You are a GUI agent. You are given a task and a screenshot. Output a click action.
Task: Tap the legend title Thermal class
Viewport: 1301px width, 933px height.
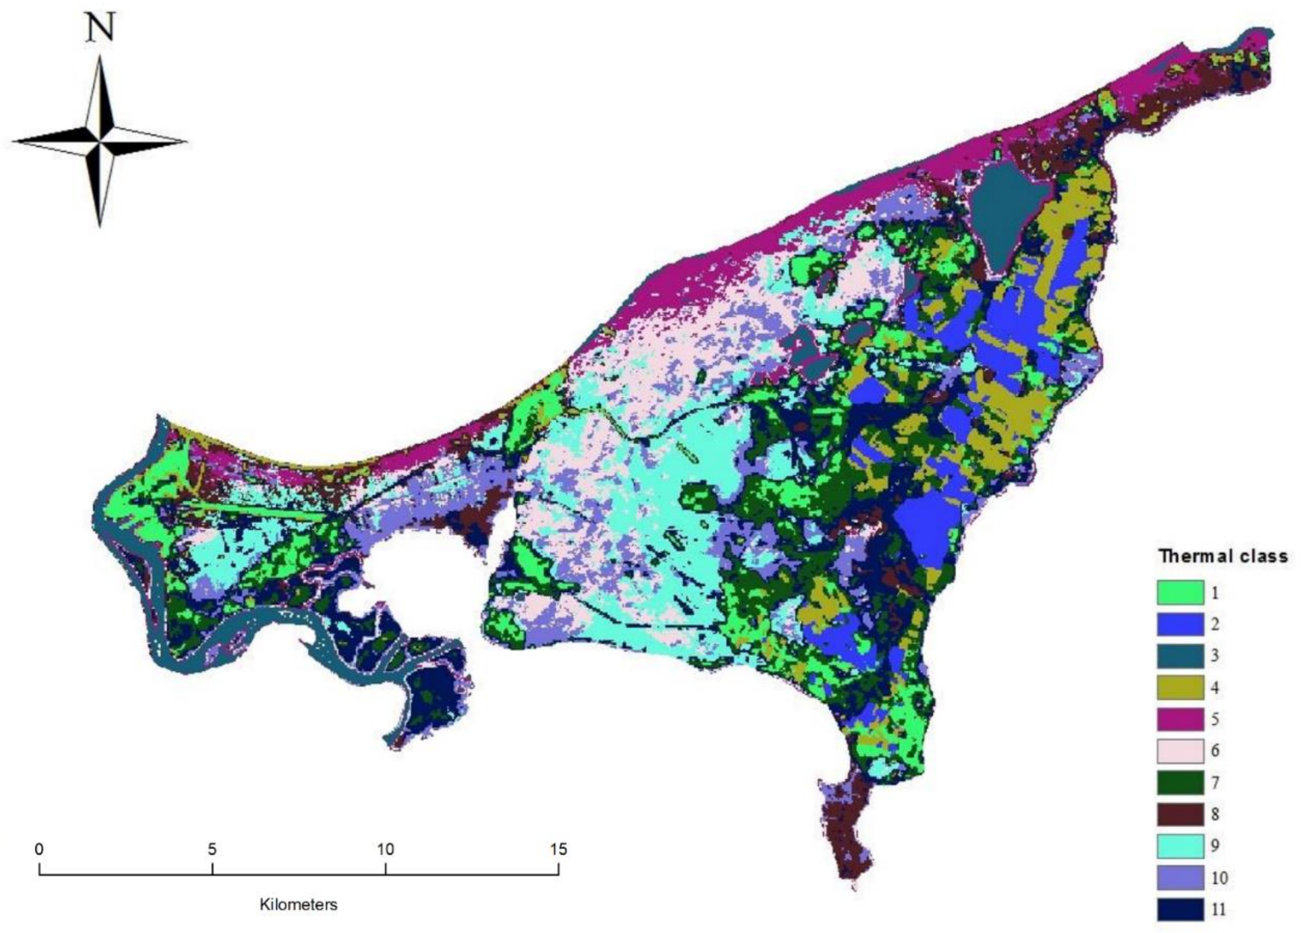coord(1222,556)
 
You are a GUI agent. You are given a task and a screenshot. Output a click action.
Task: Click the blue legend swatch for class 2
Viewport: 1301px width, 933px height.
coord(1179,624)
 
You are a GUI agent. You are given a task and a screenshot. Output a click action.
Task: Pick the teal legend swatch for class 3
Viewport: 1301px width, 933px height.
coord(1179,656)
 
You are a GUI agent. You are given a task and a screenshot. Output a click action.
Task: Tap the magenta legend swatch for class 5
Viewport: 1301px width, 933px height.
coord(1179,719)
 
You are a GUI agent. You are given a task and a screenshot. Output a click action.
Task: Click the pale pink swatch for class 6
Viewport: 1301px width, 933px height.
coord(1179,751)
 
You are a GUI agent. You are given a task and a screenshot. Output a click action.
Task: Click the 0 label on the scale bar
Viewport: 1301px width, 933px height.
coord(39,849)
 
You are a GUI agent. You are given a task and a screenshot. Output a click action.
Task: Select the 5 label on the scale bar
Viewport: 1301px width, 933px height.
coord(212,849)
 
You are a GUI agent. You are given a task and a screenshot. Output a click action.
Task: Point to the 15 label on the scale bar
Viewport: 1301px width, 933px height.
coord(558,849)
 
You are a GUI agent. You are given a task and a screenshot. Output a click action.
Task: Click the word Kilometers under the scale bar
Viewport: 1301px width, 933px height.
coord(298,905)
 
